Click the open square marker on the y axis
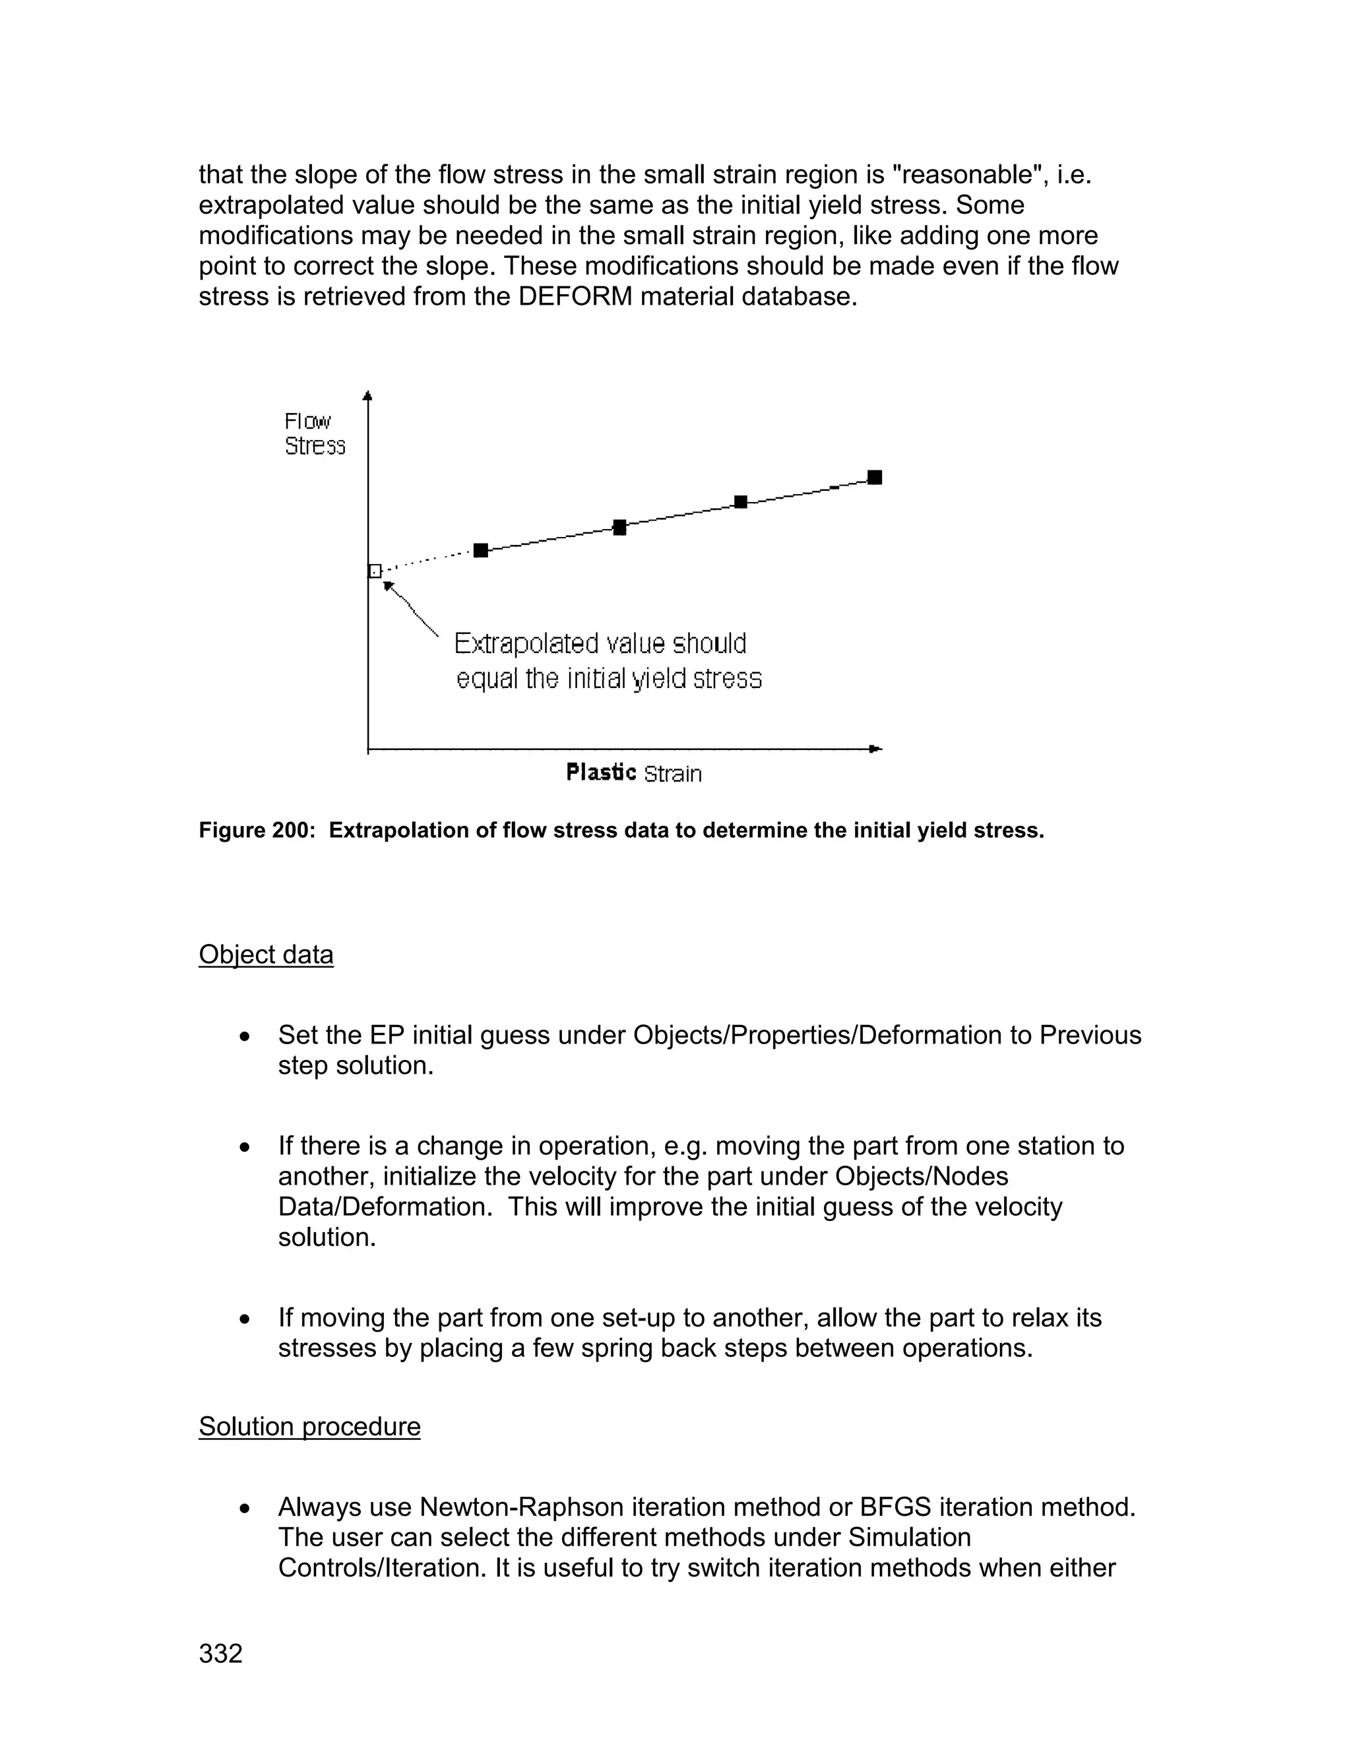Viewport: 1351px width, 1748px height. [x=375, y=571]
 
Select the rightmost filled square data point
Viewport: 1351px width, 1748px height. [x=875, y=478]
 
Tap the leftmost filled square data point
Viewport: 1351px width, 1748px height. [x=480, y=550]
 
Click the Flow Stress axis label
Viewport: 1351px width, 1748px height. [x=315, y=434]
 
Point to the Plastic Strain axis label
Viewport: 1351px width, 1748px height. [x=633, y=773]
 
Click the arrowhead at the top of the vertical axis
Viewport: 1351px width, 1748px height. [x=367, y=395]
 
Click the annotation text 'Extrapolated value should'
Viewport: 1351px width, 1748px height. [x=600, y=644]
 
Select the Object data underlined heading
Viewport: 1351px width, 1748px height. [x=266, y=955]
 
